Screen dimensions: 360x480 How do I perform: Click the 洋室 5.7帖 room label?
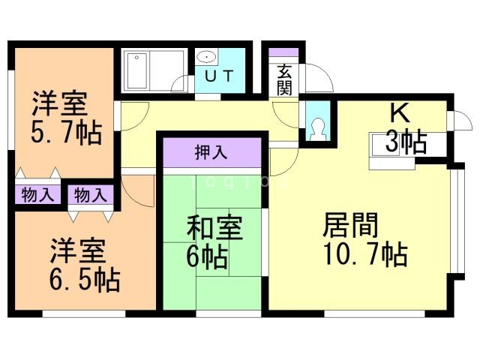[66, 118]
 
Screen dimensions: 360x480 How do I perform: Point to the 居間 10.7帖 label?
[364, 239]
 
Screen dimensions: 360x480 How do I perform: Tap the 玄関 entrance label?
[284, 79]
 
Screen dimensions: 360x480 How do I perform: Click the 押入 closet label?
[211, 154]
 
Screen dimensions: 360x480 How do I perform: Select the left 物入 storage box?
[37, 195]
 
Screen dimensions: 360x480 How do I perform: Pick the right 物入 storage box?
[91, 195]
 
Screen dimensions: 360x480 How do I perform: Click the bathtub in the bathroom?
[154, 71]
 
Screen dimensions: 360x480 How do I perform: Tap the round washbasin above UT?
[206, 58]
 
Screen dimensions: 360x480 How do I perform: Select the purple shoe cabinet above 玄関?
[284, 53]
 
